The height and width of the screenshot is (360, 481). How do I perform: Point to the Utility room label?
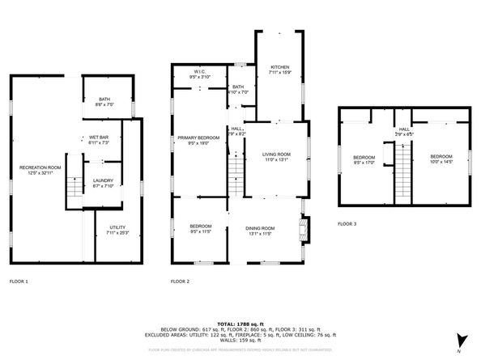116,230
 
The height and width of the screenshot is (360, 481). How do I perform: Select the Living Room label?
276,156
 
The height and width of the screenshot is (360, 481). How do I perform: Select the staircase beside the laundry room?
74,186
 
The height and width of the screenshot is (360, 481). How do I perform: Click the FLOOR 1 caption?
19,282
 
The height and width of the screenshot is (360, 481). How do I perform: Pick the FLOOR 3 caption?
347,224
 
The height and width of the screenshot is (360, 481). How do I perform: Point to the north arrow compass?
460,341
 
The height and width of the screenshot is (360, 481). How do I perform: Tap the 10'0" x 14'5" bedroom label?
441,159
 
